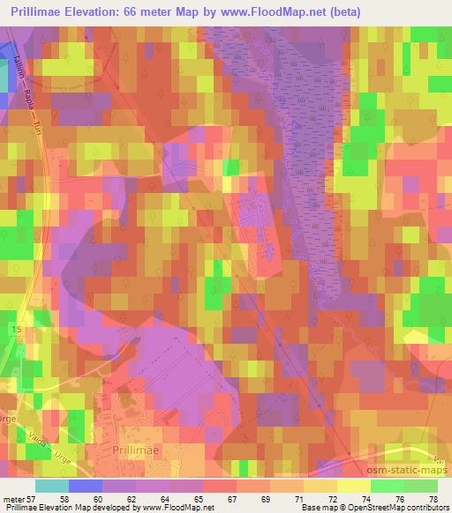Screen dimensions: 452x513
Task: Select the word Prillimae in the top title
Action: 41,12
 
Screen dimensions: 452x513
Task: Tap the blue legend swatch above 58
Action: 85,486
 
